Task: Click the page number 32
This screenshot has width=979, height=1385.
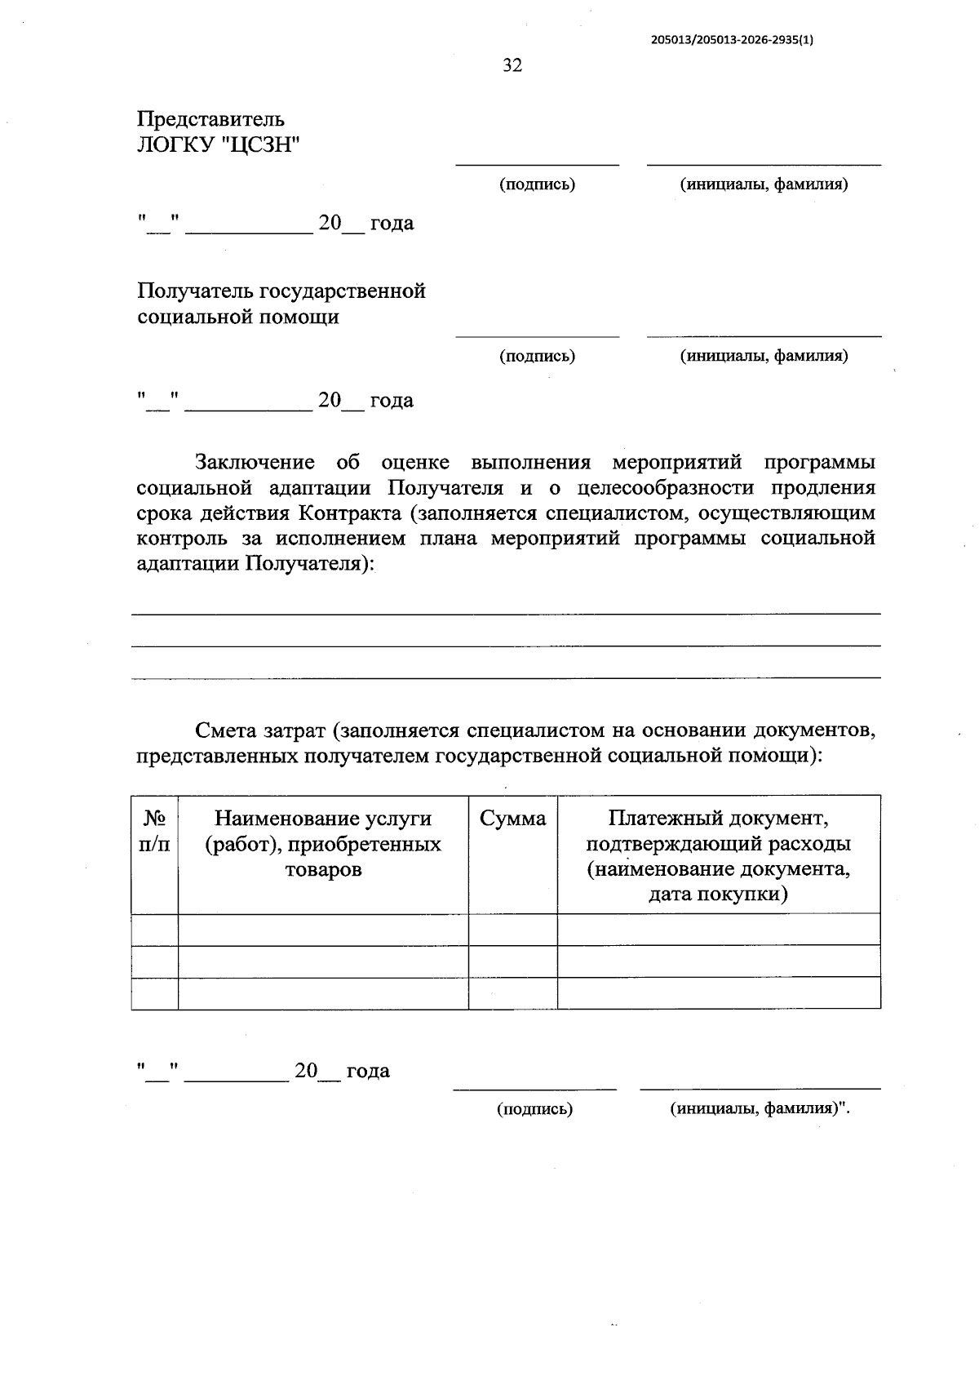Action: pyautogui.click(x=512, y=66)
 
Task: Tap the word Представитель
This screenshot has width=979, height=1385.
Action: pyautogui.click(x=210, y=119)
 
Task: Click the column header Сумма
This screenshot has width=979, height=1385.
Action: pyautogui.click(x=512, y=819)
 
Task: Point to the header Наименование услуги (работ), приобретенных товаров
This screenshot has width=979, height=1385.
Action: pyautogui.click(x=323, y=844)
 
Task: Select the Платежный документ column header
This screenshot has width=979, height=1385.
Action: pyautogui.click(x=718, y=856)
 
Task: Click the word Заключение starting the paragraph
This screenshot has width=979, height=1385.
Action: pyautogui.click(x=255, y=463)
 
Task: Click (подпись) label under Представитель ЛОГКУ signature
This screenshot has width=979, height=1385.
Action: pyautogui.click(x=537, y=184)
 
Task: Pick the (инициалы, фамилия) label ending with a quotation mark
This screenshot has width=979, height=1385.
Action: pyautogui.click(x=760, y=1109)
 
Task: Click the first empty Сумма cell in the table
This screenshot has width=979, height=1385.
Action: pyautogui.click(x=512, y=930)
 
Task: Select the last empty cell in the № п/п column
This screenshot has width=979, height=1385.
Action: pyautogui.click(x=155, y=992)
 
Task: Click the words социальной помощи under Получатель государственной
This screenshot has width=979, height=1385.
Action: pyautogui.click(x=238, y=317)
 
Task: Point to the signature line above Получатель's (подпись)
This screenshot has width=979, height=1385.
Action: pyautogui.click(x=537, y=335)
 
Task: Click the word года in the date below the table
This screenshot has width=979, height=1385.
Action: pyautogui.click(x=368, y=1071)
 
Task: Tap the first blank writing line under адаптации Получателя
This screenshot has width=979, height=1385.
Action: pyautogui.click(x=506, y=613)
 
